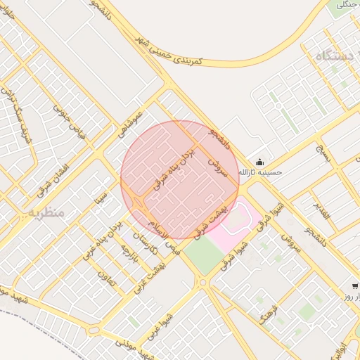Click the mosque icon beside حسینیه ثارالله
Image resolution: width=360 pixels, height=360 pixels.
pyautogui.click(x=260, y=162)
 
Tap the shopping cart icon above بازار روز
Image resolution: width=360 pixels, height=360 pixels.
pyautogui.click(x=355, y=286)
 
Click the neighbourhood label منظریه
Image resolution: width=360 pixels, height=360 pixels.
pyautogui.click(x=46, y=212)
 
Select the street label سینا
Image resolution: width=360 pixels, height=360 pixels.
pyautogui.click(x=103, y=191)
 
